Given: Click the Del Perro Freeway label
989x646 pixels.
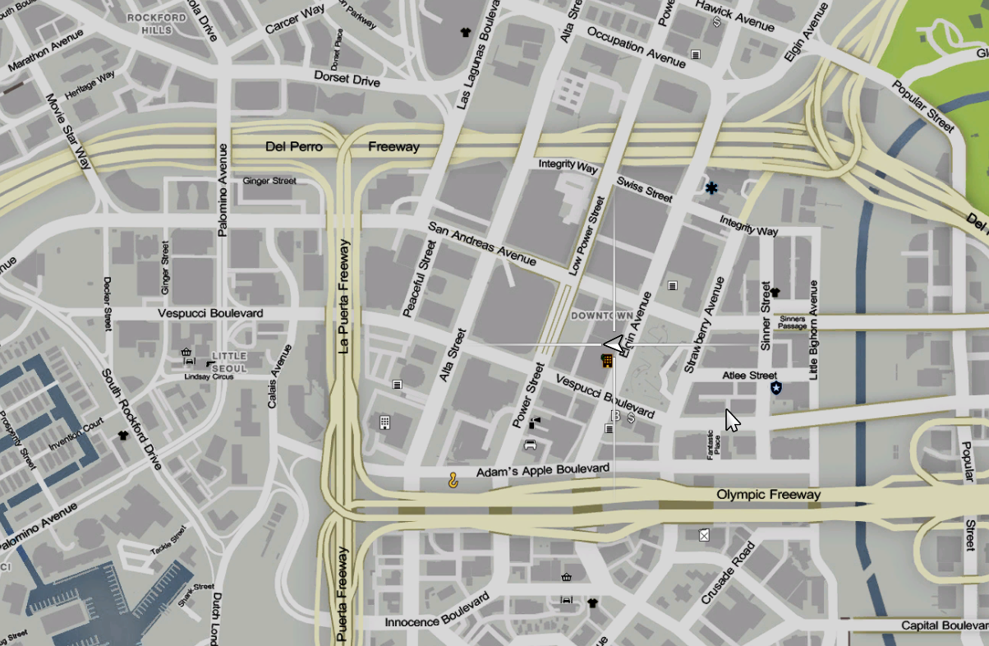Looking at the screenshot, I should pos(342,147).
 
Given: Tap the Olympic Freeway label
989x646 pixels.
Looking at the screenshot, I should pos(768,495).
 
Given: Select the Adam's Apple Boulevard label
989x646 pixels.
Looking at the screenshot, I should pos(543,470).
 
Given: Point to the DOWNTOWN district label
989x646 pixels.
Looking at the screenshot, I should pos(602,316).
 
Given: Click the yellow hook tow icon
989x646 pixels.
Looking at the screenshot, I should pos(453,480).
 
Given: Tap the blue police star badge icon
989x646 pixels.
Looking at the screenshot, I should pos(776,388).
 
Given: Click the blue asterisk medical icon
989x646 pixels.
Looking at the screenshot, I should pos(711,188).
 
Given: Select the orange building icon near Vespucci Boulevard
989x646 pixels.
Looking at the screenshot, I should pos(607,361).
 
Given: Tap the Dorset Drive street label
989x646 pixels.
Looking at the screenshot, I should pos(347,79).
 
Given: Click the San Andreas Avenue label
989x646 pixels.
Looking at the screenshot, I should pos(481,244).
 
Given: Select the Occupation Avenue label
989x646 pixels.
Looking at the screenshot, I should pos(637,47).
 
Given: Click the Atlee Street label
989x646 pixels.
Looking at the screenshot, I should pos(749,376).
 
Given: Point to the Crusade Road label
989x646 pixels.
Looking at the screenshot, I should pos(728,574).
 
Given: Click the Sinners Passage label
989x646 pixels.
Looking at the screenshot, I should pos(793,322).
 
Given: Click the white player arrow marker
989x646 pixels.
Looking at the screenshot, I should pos(614,344).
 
